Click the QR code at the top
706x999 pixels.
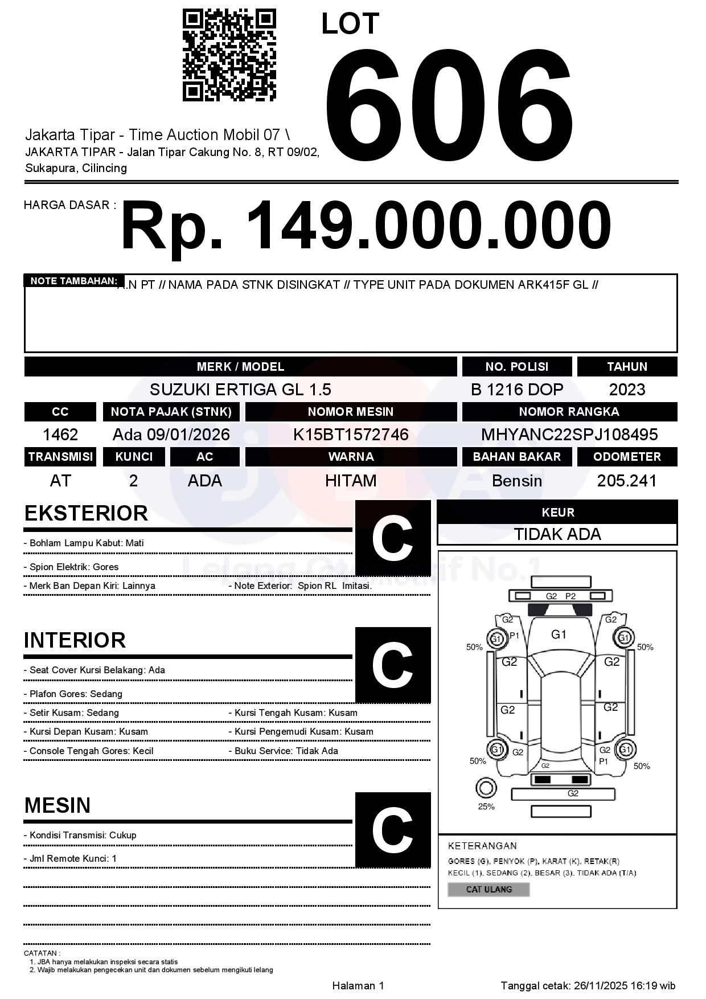tap(229, 55)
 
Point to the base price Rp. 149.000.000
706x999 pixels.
tap(366, 225)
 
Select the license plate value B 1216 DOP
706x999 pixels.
tap(516, 390)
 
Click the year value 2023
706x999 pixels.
tap(627, 390)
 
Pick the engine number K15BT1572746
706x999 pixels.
tap(351, 435)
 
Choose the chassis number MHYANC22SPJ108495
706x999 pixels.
tap(569, 435)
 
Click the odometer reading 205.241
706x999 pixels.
tap(627, 481)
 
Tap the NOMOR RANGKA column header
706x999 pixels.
tap(569, 412)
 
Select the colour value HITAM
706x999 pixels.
tap(351, 481)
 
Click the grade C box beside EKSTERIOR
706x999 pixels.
tap(393, 538)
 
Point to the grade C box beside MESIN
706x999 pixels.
tap(393, 829)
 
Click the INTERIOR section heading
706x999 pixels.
tap(75, 640)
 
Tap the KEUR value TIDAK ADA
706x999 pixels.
tap(557, 534)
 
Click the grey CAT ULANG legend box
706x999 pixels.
tap(489, 889)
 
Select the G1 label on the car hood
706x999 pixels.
tap(559, 634)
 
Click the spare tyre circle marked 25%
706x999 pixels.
tap(486, 788)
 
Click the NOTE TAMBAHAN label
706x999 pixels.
tap(73, 281)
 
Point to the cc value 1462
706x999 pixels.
tap(60, 435)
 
